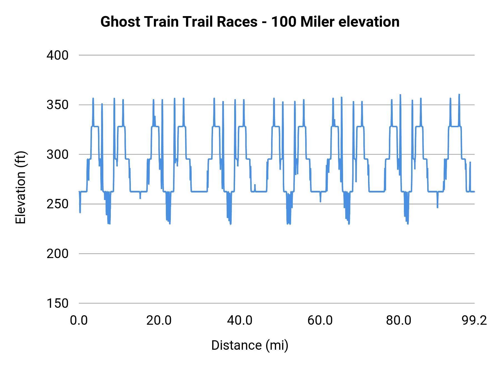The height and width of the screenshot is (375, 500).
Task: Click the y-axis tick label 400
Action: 57,55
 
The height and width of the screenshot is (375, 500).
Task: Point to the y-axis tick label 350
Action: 57,105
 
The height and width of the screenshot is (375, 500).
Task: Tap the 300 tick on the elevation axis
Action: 57,154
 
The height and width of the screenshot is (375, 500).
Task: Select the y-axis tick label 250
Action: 57,204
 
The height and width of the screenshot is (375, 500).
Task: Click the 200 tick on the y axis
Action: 57,254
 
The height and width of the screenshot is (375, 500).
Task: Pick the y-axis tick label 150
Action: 57,303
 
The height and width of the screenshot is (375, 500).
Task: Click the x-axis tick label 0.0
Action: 79,320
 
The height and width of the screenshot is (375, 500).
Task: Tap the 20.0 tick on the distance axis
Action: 159,320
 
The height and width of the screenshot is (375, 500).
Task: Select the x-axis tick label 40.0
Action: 239,320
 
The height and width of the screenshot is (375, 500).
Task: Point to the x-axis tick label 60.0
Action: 320,320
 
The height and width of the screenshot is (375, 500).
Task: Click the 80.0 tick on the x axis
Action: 399,320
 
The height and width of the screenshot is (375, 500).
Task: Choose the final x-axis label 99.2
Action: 474,320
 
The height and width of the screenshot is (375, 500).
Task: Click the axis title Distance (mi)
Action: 250,345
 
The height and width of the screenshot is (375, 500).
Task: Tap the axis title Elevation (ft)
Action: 21,187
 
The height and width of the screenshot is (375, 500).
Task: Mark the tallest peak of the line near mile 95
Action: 459,95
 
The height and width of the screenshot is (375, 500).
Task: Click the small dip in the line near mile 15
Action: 140,198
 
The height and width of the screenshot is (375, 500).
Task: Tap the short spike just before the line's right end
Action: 470,163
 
